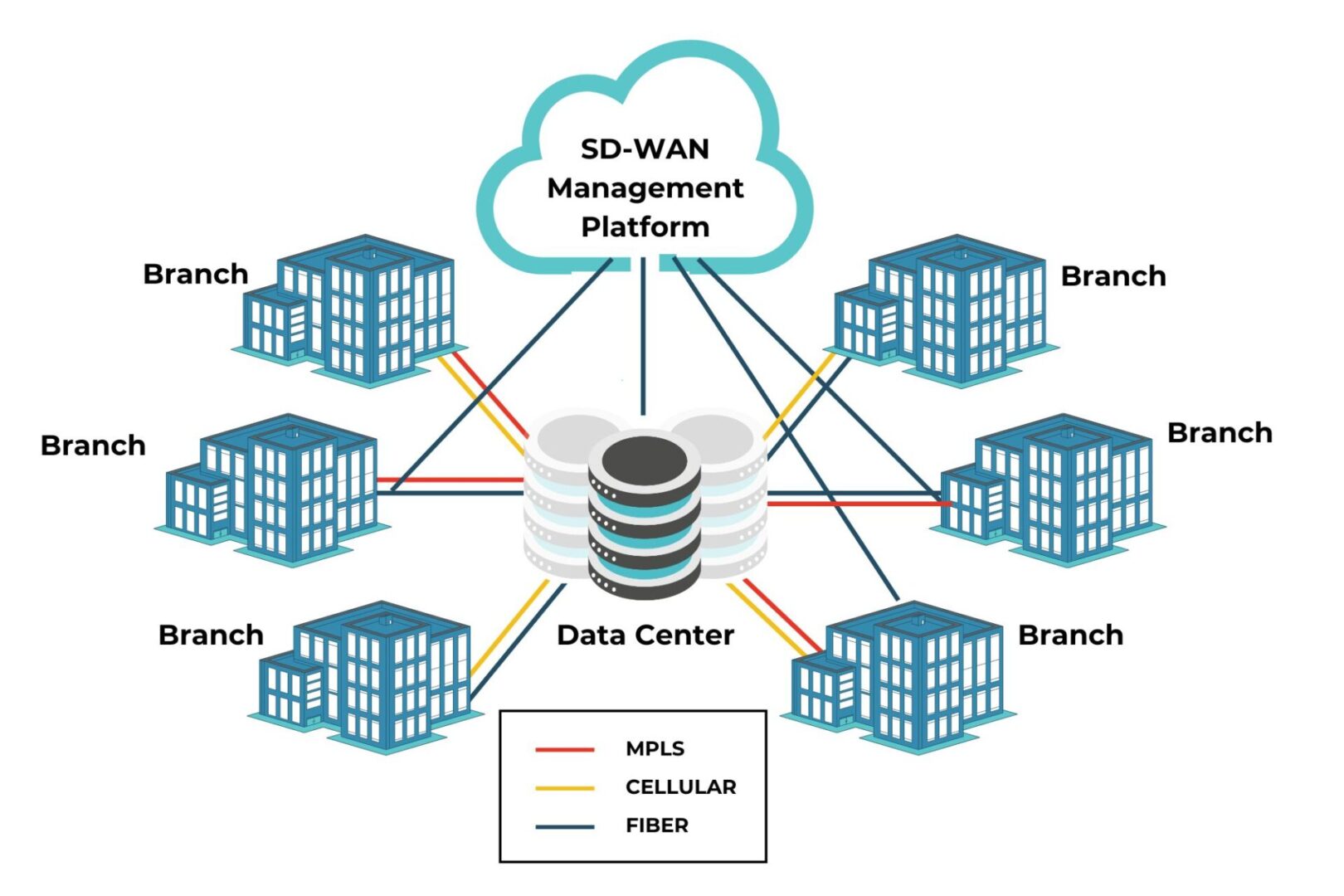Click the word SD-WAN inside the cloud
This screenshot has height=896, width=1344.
(645, 149)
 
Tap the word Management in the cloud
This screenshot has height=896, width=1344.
(645, 188)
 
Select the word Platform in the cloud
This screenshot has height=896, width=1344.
(645, 226)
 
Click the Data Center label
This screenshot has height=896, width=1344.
(645, 635)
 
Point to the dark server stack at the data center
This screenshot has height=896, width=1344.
(645, 514)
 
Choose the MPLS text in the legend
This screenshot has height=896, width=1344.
(655, 748)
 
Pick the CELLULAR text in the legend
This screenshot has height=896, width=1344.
(680, 786)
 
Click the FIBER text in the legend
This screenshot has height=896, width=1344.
(656, 825)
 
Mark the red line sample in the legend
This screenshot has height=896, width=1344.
(564, 749)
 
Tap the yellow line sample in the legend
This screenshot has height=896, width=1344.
(564, 787)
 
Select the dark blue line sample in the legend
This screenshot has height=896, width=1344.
(564, 826)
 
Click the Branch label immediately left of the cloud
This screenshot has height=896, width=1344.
(195, 274)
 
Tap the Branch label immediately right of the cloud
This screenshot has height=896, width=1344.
(1113, 275)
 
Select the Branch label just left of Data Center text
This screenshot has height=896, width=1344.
(211, 635)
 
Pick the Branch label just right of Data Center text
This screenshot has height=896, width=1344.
(1070, 635)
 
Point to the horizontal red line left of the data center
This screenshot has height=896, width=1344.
(448, 480)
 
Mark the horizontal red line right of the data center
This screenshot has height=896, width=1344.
(855, 504)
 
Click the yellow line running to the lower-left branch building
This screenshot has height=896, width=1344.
(508, 626)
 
